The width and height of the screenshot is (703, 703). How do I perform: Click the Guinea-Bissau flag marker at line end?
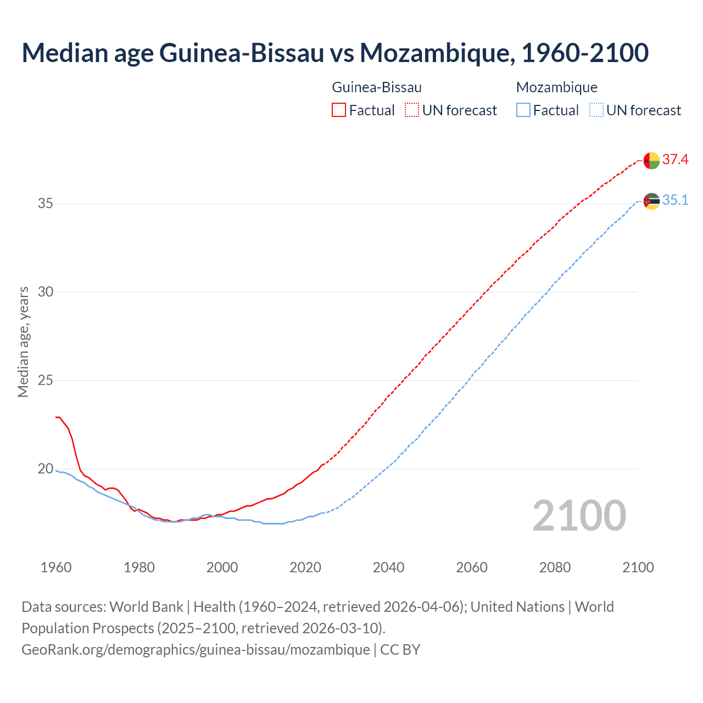(x=651, y=160)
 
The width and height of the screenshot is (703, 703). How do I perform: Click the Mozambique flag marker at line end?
(x=651, y=202)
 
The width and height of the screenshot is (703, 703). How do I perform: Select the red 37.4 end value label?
(x=675, y=160)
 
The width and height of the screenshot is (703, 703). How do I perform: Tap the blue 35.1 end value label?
(x=675, y=200)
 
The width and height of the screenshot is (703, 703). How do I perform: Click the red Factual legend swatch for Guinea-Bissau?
(x=339, y=110)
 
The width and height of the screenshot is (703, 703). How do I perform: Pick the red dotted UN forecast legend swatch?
(x=412, y=110)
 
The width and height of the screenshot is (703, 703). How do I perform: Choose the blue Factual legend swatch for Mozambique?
(x=523, y=110)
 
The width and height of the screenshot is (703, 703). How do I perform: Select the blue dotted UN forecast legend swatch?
(x=596, y=110)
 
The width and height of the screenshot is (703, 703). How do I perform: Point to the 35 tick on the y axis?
(x=45, y=204)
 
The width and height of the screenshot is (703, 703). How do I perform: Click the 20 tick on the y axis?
(x=45, y=469)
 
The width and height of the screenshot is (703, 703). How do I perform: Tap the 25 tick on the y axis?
(x=45, y=381)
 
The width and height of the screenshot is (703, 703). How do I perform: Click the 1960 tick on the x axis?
(x=56, y=567)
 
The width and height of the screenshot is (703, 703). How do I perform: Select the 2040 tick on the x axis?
(x=388, y=567)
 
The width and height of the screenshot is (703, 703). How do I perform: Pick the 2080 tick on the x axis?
(x=555, y=567)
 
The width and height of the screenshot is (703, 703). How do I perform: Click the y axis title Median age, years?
(x=23, y=342)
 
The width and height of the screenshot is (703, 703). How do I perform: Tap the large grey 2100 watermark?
(x=579, y=516)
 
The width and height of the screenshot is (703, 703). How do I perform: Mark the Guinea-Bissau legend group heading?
(x=377, y=87)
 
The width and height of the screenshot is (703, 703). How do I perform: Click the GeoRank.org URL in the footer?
(x=196, y=650)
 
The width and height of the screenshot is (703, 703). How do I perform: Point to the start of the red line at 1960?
(x=57, y=417)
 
